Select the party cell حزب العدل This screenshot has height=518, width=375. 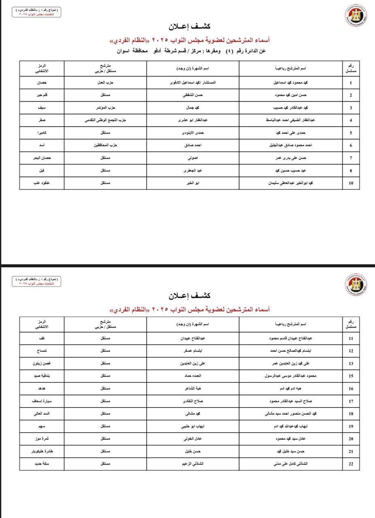tap(108, 83)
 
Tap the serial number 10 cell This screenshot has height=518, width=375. tap(351, 183)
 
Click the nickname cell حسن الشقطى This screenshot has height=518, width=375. tap(193, 95)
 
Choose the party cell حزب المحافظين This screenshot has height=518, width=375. tap(108, 145)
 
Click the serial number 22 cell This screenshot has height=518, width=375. tap(351, 464)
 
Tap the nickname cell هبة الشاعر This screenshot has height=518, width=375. tap(193, 388)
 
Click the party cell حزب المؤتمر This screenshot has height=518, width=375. tap(108, 108)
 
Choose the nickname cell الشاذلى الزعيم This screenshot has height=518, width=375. tap(193, 464)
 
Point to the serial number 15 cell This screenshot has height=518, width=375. tap(351, 376)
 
